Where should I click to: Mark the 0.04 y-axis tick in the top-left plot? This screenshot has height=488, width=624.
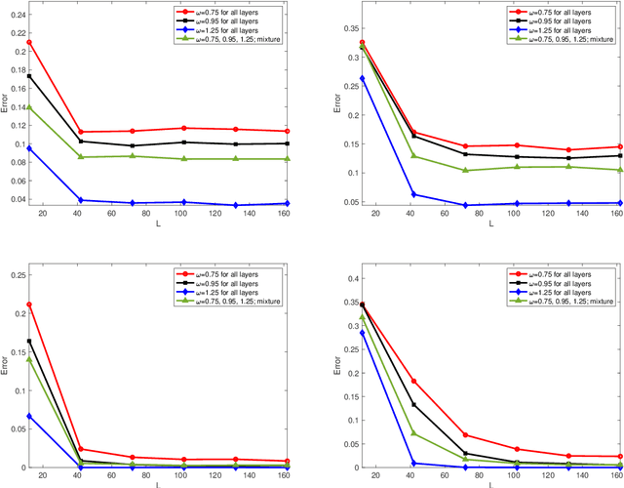16,199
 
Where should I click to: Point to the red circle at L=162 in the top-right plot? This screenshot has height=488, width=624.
592,146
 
